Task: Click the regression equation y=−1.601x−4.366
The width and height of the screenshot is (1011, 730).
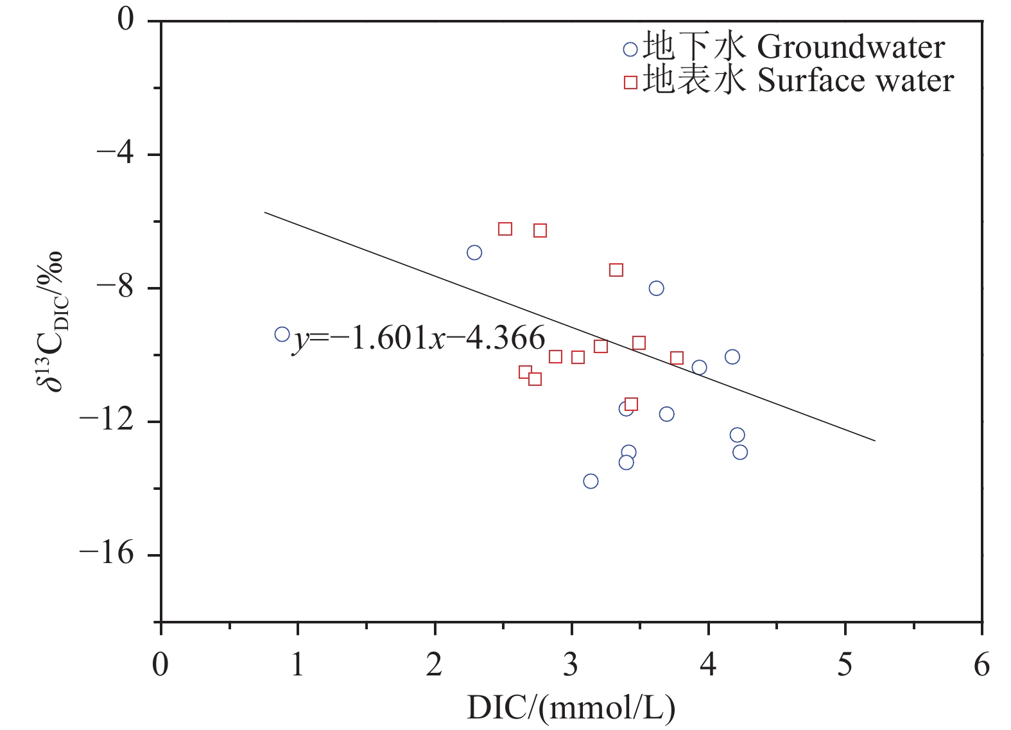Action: pyautogui.click(x=419, y=338)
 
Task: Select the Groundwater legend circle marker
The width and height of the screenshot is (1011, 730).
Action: pyautogui.click(x=630, y=49)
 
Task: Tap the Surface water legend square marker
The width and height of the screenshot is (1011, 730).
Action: pyautogui.click(x=630, y=82)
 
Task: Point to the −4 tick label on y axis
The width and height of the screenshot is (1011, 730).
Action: pyautogui.click(x=115, y=154)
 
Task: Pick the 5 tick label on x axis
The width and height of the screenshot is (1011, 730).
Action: pyautogui.click(x=845, y=665)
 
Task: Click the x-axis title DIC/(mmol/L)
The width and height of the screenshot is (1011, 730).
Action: pyautogui.click(x=571, y=708)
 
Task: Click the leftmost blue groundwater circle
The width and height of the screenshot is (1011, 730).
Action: pyautogui.click(x=282, y=334)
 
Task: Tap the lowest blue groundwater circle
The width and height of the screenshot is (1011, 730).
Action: pyautogui.click(x=591, y=481)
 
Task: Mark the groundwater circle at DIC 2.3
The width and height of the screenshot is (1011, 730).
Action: pyautogui.click(x=474, y=252)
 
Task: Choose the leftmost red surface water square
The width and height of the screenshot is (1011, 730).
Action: pyautogui.click(x=505, y=229)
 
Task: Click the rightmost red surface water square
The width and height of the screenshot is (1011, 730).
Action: pyautogui.click(x=677, y=358)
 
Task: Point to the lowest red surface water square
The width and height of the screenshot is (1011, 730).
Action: pyautogui.click(x=631, y=404)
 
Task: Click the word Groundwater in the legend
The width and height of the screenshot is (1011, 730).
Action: pyautogui.click(x=851, y=48)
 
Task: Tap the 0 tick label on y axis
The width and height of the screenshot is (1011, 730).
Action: pyautogui.click(x=125, y=20)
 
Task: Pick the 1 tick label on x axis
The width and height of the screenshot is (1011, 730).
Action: pyautogui.click(x=297, y=665)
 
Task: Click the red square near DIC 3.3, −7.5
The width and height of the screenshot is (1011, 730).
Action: pyautogui.click(x=616, y=270)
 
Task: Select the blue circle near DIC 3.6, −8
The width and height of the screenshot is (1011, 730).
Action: pyautogui.click(x=656, y=288)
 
